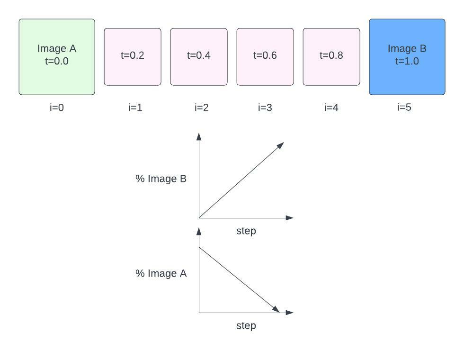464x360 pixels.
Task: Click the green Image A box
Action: point(57,57)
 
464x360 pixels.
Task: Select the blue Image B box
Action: point(407,57)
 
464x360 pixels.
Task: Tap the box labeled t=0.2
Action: point(133,57)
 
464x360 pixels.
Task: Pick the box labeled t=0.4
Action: point(199,57)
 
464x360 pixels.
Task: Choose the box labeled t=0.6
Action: point(265,57)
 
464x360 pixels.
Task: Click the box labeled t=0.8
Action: point(331,57)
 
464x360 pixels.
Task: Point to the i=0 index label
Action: point(57,108)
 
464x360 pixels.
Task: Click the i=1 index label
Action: point(135,108)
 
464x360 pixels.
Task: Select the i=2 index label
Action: point(202,108)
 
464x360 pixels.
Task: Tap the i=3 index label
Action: point(265,108)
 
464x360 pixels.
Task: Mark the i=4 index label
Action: point(331,108)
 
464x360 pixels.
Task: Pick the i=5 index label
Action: point(404,108)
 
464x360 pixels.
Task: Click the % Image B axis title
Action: point(161,179)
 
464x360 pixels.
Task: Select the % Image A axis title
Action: point(161,273)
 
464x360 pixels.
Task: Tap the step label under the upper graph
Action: point(246,231)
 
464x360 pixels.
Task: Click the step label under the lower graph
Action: point(246,325)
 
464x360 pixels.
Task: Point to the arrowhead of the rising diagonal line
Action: point(281,144)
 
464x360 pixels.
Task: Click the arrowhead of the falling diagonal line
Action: point(276,310)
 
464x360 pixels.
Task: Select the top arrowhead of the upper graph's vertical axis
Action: point(199,136)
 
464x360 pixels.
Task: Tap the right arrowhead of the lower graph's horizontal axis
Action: point(290,313)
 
